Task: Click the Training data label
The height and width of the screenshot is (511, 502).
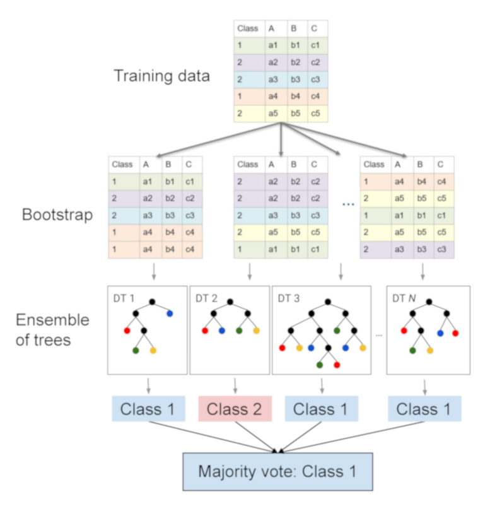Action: (161, 76)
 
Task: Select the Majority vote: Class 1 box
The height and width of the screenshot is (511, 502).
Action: (278, 471)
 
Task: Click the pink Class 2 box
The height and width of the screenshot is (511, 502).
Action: (235, 409)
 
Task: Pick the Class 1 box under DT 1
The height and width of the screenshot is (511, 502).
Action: (148, 409)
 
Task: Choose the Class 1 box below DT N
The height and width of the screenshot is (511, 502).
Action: (424, 409)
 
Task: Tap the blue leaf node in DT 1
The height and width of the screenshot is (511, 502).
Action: (170, 313)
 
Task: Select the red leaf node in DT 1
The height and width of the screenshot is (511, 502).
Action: (127, 330)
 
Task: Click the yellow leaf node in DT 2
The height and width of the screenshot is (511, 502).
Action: (257, 330)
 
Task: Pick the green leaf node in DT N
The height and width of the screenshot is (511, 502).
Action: (412, 349)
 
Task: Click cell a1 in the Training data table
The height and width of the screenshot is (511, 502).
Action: (272, 45)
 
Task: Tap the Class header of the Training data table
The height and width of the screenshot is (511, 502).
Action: (247, 28)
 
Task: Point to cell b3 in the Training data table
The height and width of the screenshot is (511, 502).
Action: (295, 80)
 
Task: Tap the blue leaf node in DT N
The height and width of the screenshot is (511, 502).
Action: (440, 332)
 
